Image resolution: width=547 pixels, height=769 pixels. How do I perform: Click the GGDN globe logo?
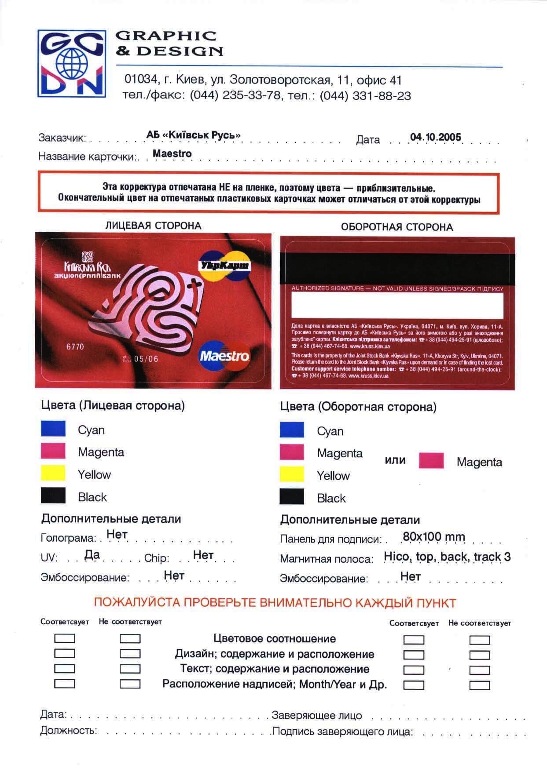coord(71,64)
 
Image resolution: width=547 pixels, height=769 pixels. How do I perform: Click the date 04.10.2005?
coord(435,137)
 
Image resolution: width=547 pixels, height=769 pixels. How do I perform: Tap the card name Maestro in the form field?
coord(172,154)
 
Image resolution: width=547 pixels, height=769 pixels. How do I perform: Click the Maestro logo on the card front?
coord(224,355)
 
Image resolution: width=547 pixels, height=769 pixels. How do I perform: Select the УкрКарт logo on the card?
coord(224,266)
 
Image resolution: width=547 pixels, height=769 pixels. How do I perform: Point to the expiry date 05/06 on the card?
coord(146,359)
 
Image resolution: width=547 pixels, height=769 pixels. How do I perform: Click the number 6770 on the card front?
coord(75,346)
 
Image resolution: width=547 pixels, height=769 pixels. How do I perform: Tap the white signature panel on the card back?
coord(397,305)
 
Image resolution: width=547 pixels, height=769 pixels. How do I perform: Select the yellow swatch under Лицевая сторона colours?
coord(53,474)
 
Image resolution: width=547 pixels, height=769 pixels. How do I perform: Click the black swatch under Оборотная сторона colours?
coord(292,497)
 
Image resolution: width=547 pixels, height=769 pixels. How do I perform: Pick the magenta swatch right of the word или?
coord(431,461)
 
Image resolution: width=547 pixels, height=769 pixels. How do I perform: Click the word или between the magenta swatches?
coord(395,460)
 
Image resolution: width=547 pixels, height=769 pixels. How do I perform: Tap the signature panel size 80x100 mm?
coord(433,537)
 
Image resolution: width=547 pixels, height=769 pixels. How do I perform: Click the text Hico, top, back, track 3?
coord(447,557)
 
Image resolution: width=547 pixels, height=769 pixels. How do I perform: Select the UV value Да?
coord(92,555)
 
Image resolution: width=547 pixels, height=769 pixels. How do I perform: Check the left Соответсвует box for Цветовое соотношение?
coord(64,638)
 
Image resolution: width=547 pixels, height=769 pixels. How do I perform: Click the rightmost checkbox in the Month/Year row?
coord(479,685)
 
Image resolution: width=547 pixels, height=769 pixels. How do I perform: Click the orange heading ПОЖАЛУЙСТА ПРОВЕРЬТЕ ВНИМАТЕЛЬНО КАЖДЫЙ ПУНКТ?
coord(275,603)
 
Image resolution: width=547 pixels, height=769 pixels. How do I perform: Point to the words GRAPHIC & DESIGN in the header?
coord(169,43)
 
